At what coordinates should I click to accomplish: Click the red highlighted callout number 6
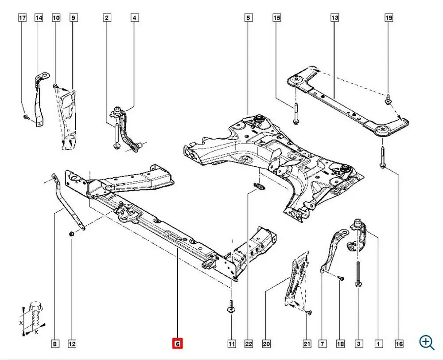pos(178,343)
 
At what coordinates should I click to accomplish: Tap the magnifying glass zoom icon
pos(427,342)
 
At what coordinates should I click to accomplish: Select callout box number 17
pos(22,18)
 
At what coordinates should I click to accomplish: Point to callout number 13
pos(334,18)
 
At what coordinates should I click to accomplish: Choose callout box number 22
pos(249,343)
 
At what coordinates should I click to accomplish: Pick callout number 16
pos(399,343)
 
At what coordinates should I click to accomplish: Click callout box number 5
pos(248,18)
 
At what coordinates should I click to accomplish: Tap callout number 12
pos(72,343)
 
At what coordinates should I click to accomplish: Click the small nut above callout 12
pos(72,233)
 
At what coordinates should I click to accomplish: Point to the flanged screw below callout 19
pos(389,99)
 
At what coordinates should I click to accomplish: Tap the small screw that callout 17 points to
pos(26,117)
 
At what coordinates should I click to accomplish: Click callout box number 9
pos(74,18)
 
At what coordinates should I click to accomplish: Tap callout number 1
pos(378,343)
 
